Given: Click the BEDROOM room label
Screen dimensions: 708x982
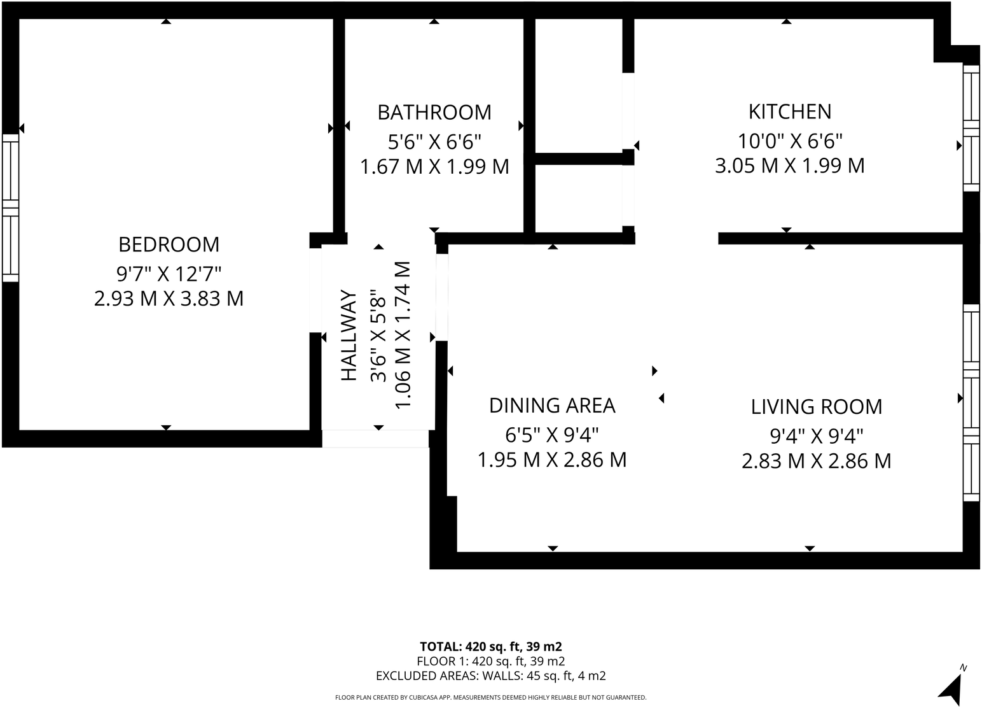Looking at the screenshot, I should [x=169, y=244].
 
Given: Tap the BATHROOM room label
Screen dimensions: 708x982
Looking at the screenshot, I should [x=434, y=112].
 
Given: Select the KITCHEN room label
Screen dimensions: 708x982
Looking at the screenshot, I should [x=789, y=111].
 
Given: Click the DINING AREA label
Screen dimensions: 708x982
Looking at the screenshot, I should [x=552, y=406].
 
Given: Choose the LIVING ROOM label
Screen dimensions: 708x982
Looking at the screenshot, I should [x=816, y=406].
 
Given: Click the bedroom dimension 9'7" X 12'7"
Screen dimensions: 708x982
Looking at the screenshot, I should [x=169, y=274].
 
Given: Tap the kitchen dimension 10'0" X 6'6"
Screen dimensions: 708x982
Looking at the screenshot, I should [x=789, y=139].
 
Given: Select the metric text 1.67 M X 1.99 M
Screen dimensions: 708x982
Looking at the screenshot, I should [x=434, y=167].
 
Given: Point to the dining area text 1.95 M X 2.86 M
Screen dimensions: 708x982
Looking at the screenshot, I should [x=552, y=460].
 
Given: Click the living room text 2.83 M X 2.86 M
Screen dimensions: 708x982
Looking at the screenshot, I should [x=816, y=460].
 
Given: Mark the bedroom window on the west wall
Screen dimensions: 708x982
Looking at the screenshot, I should [x=10, y=208].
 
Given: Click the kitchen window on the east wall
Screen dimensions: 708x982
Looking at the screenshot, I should [x=971, y=127].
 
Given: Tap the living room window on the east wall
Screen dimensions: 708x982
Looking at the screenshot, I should [x=971, y=402].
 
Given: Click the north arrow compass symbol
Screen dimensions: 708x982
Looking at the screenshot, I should [x=951, y=688].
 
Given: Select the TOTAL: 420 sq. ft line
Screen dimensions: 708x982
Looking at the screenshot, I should [x=490, y=646].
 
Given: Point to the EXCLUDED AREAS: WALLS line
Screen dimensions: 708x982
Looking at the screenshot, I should [x=490, y=676].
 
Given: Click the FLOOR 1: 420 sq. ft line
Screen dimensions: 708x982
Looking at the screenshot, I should [x=490, y=661].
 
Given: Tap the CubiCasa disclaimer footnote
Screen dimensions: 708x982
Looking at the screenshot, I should [x=490, y=698].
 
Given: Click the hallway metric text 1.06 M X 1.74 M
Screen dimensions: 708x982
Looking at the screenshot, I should [x=403, y=336].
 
